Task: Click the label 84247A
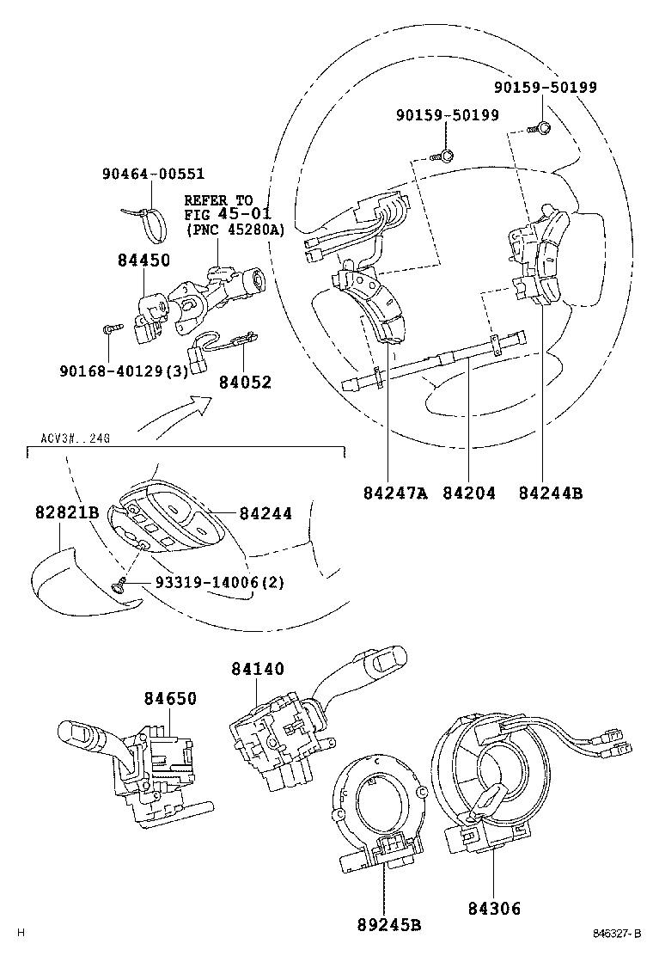[394, 493]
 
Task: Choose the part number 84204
[469, 493]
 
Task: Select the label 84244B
[551, 493]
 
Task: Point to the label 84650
[169, 699]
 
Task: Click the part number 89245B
[388, 925]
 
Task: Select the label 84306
[494, 908]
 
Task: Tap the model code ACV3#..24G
[75, 438]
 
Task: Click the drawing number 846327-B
[616, 933]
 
